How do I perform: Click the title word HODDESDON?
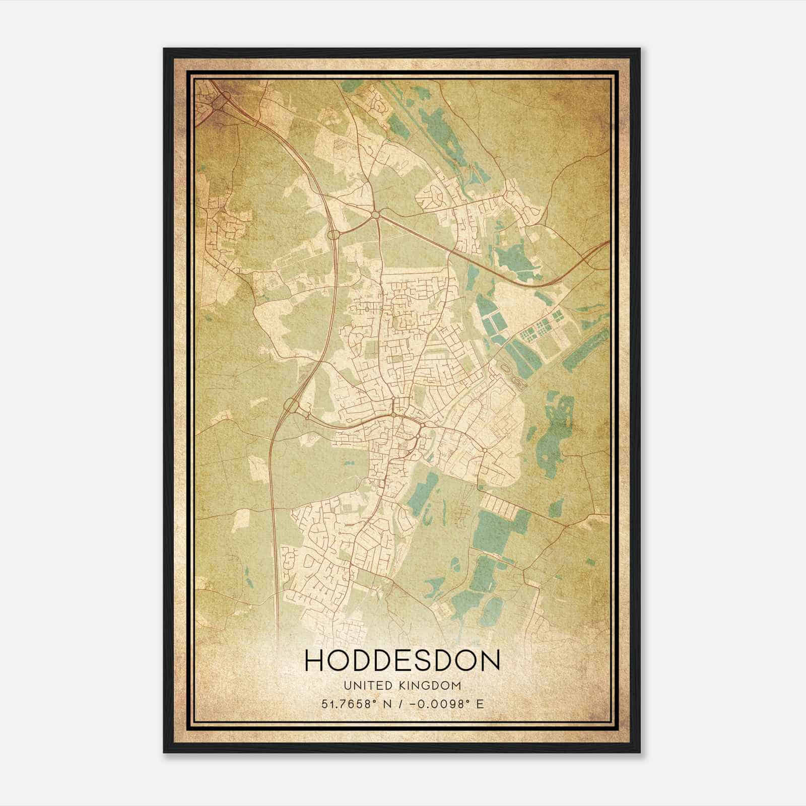402,660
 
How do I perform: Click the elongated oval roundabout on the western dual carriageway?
333,235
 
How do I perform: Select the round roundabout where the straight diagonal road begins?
376,215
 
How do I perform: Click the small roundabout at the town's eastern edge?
484,450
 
